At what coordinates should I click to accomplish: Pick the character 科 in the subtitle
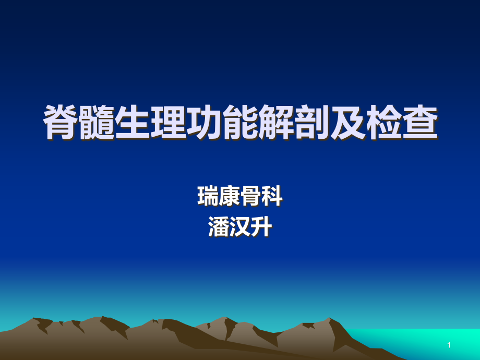pyautogui.click(x=272, y=196)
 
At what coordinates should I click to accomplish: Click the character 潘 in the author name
pyautogui.click(x=219, y=227)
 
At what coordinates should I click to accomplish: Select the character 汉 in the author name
pyautogui.click(x=240, y=227)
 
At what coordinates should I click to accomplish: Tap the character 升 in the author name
pyautogui.click(x=261, y=227)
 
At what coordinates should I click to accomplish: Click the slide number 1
pyautogui.click(x=449, y=345)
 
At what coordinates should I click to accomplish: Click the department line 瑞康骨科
pyautogui.click(x=240, y=196)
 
